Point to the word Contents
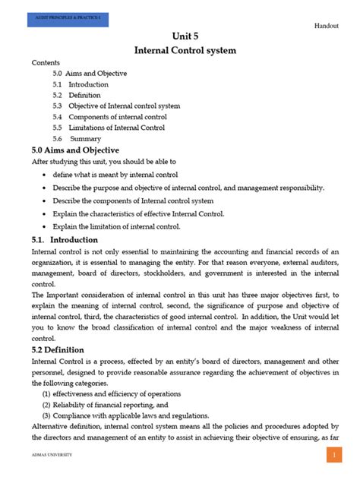[x=46, y=63]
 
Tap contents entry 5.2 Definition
[x=77, y=96]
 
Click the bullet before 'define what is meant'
[x=46, y=175]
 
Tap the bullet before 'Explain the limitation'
[x=46, y=227]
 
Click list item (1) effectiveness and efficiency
[x=112, y=394]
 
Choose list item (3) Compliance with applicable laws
[x=125, y=415]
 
